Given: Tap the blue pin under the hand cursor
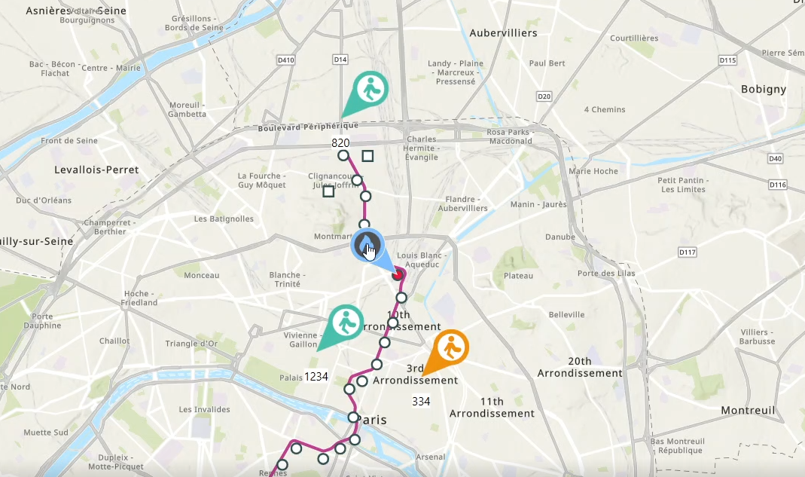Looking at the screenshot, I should coord(367,246).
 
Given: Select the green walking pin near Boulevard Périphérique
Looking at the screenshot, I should coord(369,90).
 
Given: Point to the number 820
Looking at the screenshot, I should coord(340,142).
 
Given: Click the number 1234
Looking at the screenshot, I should coord(316,376).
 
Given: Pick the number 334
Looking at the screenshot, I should coord(421,401).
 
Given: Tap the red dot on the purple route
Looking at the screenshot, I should coord(397,275).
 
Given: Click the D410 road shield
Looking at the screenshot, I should coord(285,60).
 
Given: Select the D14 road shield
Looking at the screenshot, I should coord(340,59).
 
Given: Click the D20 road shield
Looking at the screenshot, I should coord(544,96).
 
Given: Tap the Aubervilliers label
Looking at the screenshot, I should coord(503,33).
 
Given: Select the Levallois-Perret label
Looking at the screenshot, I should coord(96,170).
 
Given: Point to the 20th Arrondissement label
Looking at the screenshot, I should coord(580,367).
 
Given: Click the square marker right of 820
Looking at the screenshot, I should coord(368,156).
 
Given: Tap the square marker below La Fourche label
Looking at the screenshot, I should coord(328,191).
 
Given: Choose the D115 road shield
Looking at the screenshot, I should coord(727,60).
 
